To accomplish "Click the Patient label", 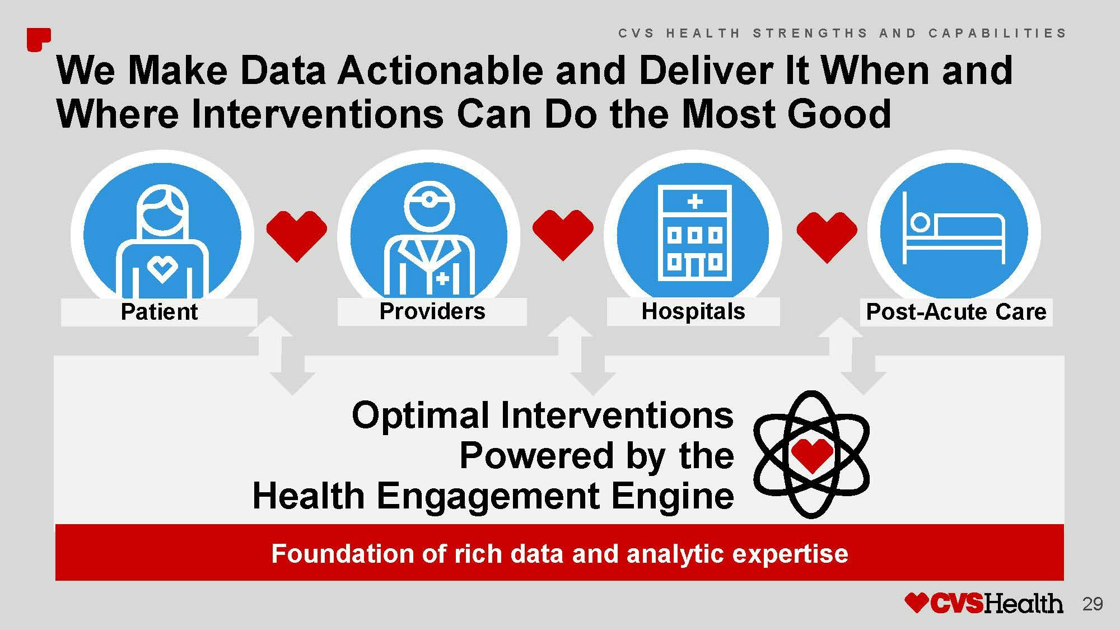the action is click(x=160, y=312).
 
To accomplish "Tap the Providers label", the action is click(x=432, y=311).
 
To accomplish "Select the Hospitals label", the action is click(x=693, y=311).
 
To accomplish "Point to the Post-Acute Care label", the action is click(x=956, y=312).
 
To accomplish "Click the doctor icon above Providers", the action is click(x=430, y=240).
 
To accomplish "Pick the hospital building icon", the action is click(x=694, y=232).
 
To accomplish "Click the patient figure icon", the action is click(x=162, y=241).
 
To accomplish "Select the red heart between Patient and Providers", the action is click(x=296, y=236).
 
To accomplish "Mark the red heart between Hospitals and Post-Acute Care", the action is click(x=827, y=237).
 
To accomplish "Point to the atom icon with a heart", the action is click(x=811, y=454).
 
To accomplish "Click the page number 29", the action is click(x=1093, y=604).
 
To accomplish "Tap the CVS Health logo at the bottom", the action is click(x=983, y=603).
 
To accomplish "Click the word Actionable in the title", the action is click(x=440, y=71).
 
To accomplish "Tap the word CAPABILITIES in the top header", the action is click(x=997, y=33).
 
